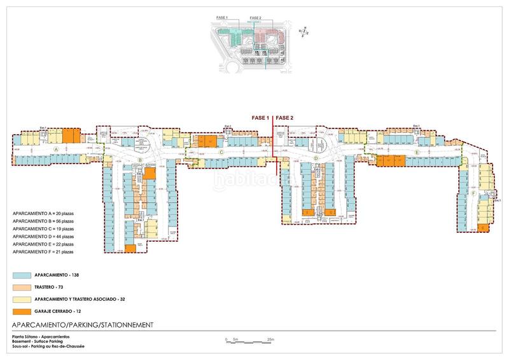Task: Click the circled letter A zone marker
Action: pyautogui.click(x=56, y=148)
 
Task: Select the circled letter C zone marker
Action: pyautogui.click(x=221, y=152)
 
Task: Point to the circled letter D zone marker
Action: pyautogui.click(x=316, y=158)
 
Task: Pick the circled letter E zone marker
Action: pyautogui.click(x=417, y=153)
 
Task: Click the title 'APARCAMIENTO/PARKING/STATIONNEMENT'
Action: pyautogui.click(x=83, y=324)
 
